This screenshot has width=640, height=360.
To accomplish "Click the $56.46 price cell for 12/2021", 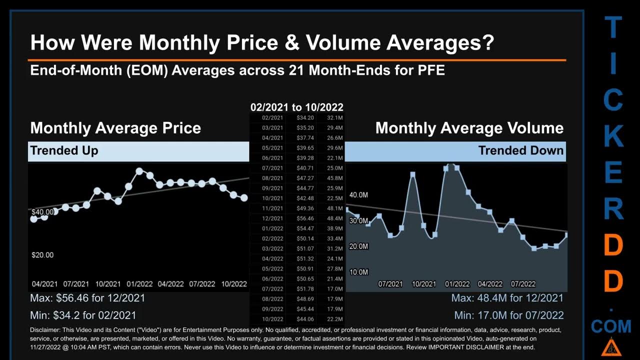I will (x=304, y=218).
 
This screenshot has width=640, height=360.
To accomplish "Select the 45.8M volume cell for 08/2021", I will (x=334, y=178).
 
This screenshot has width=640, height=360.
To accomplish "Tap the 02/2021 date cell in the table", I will (x=272, y=117).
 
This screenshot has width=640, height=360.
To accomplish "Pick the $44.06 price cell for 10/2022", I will (x=304, y=319).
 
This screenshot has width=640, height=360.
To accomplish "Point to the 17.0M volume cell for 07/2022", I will (x=334, y=289).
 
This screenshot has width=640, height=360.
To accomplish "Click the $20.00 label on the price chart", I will (x=42, y=255).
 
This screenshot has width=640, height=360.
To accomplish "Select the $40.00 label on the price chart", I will (x=42, y=212).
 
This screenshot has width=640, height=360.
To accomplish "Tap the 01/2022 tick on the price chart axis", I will (x=139, y=284).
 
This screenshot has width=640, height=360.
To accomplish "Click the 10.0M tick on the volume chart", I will (x=358, y=272).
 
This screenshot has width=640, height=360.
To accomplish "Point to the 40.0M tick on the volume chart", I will (x=358, y=194).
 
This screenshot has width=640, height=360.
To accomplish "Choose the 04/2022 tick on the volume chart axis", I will (x=490, y=284).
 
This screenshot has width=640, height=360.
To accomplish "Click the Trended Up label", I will (x=64, y=150).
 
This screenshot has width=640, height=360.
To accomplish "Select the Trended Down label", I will (x=521, y=150).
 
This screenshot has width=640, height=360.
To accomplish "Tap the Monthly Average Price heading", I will (x=115, y=128).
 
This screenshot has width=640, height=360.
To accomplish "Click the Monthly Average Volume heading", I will (x=469, y=128).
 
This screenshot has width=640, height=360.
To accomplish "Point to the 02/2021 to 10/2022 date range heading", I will (x=297, y=107).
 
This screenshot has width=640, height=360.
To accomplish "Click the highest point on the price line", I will (x=139, y=171).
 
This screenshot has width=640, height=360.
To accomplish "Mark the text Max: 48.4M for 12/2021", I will (x=507, y=298).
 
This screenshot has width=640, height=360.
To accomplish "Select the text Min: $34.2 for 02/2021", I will (x=83, y=315).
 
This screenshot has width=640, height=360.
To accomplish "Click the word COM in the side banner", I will (x=611, y=327).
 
